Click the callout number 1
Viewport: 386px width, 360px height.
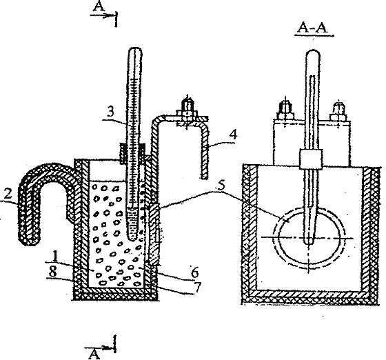tap(55, 256)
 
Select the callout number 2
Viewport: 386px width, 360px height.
tap(8, 194)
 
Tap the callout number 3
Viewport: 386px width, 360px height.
tap(111, 112)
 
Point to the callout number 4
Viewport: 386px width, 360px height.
tap(233, 134)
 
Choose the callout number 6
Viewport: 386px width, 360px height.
tap(194, 272)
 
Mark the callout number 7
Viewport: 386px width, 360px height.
tap(197, 287)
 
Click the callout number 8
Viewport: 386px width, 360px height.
tap(53, 272)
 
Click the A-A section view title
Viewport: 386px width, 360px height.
tap(313, 28)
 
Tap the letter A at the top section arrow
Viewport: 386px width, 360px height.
tap(99, 7)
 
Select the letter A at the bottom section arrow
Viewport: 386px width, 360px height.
tap(94, 354)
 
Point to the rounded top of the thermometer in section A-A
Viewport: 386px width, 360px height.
tap(313, 53)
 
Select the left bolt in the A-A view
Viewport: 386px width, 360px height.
tap(285, 111)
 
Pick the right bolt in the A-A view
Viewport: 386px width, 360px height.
tap(338, 112)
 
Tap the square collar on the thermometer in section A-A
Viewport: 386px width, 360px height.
tap(310, 159)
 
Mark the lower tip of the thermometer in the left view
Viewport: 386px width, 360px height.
tap(132, 239)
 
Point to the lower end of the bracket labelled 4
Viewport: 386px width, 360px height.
tap(204, 176)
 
